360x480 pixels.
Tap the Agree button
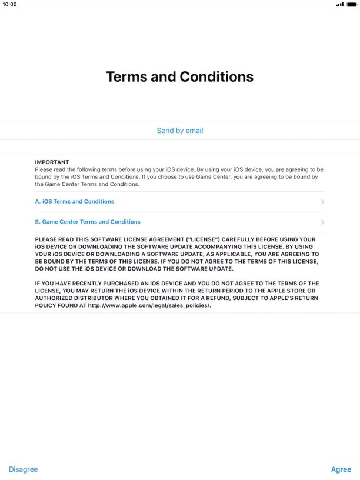[x=341, y=469]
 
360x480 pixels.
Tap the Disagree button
[x=23, y=469]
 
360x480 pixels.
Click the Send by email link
[x=179, y=131]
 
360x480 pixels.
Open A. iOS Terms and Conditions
[x=75, y=202]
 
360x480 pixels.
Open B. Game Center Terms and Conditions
[x=88, y=222]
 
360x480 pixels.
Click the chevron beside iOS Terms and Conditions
[x=322, y=202]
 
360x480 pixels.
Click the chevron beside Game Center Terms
[x=322, y=222]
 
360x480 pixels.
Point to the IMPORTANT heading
[x=52, y=162]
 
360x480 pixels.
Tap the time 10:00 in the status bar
[x=10, y=4]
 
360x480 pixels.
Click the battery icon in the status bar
[x=352, y=4]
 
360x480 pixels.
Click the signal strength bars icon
[x=339, y=4]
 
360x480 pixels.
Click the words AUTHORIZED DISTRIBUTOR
[x=74, y=298]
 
